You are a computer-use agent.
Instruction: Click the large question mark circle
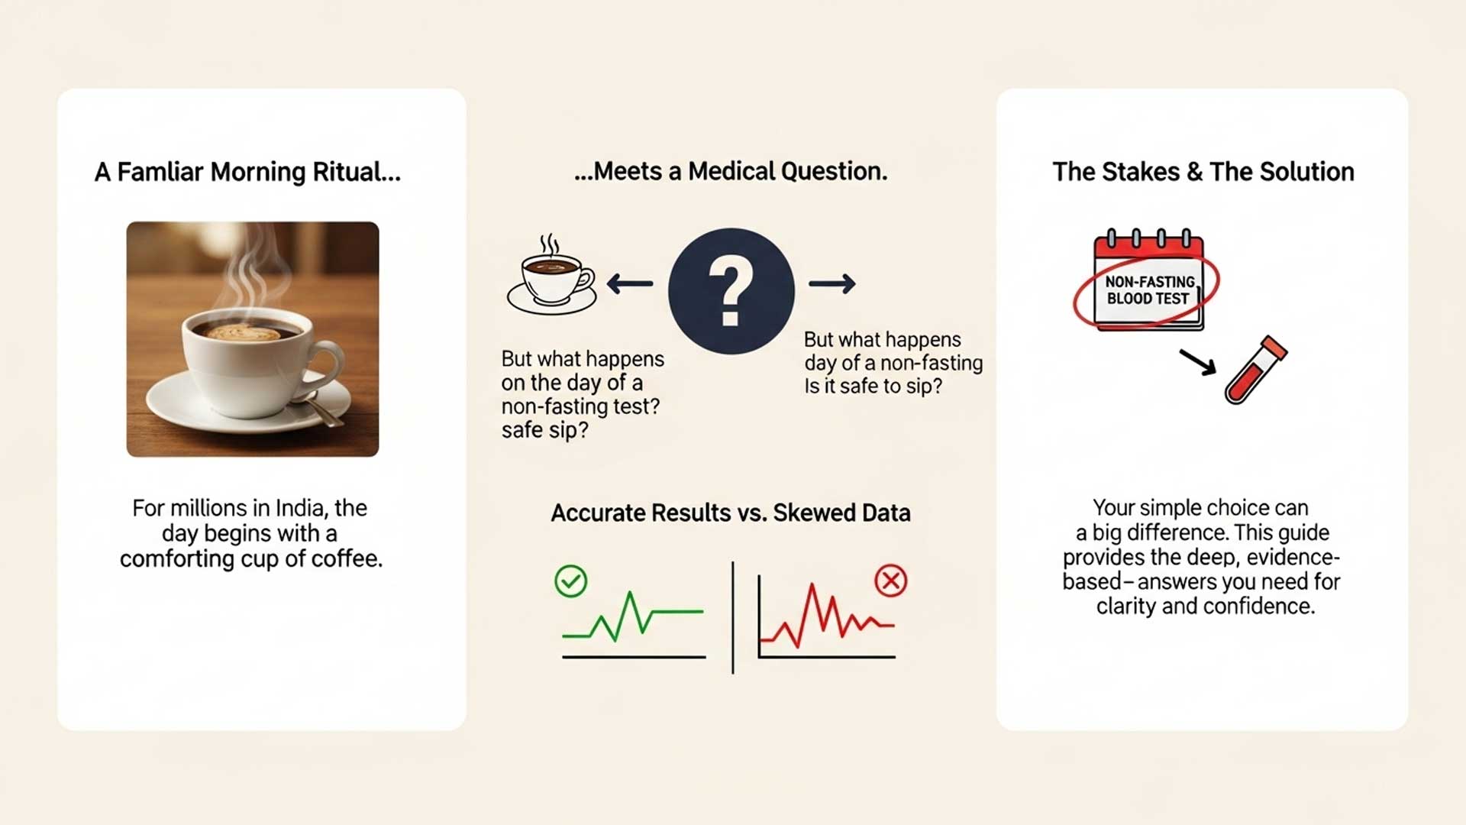(731, 291)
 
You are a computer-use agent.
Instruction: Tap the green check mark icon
(570, 581)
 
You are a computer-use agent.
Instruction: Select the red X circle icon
(890, 581)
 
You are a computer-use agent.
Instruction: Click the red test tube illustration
(1255, 370)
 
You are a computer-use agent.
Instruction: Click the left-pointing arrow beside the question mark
(630, 284)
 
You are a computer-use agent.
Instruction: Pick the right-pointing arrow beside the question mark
(832, 284)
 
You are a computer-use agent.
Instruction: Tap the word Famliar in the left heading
(159, 172)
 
